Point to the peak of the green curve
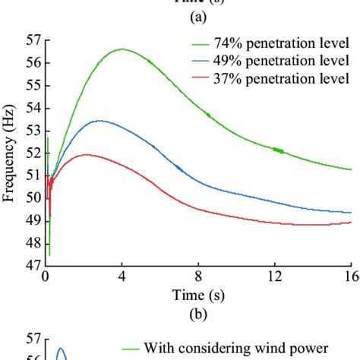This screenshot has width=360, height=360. tap(122, 49)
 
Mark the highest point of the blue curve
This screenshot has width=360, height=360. tap(99, 121)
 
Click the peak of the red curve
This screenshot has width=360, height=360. tap(87, 154)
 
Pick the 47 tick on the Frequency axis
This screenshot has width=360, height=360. tap(33, 266)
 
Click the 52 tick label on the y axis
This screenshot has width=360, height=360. tap(33, 153)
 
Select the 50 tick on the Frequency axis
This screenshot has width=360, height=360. tap(33, 198)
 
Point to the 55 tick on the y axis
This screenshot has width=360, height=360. tap(33, 85)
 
